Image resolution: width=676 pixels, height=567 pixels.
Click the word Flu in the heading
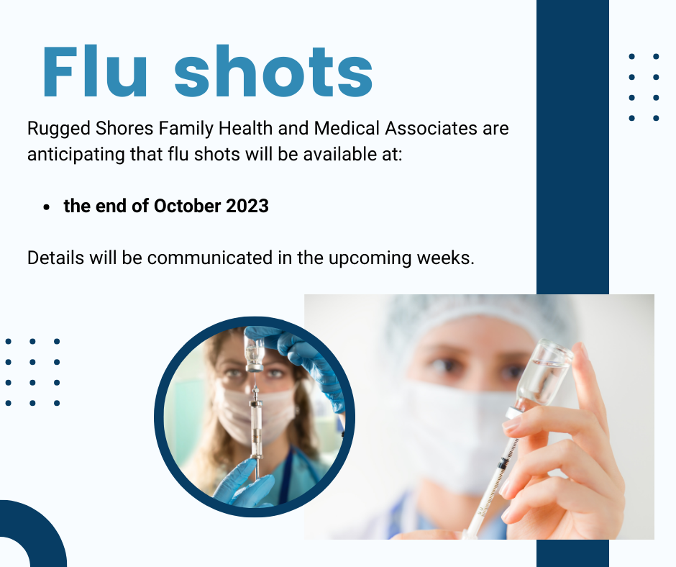coord(95,71)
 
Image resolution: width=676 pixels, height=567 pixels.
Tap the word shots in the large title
coord(273,71)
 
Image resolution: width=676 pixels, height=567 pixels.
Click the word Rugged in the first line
coord(59,129)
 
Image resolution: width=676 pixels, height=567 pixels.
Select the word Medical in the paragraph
coord(347,128)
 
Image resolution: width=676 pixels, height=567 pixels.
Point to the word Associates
coord(431,128)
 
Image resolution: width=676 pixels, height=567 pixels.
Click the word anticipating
coord(76,155)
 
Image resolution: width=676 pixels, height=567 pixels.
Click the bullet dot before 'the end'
coord(47,207)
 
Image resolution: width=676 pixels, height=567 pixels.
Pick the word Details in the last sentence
coord(55,258)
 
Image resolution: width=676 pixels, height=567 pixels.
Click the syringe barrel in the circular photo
coord(257,427)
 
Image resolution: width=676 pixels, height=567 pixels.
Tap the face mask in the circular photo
coord(255,410)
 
